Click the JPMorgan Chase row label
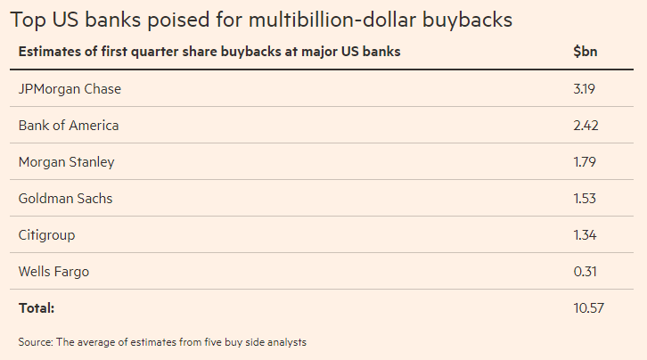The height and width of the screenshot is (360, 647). pyautogui.click(x=70, y=89)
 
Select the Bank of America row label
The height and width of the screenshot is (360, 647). pyautogui.click(x=69, y=126)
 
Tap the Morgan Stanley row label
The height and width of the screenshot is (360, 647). pyautogui.click(x=66, y=162)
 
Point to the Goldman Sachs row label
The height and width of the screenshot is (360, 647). pyautogui.click(x=65, y=199)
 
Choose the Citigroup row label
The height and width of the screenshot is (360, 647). pyautogui.click(x=46, y=235)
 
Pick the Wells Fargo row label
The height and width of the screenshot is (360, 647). pyautogui.click(x=54, y=272)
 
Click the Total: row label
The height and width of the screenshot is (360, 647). pyautogui.click(x=37, y=308)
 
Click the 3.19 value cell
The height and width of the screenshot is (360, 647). pyautogui.click(x=585, y=89)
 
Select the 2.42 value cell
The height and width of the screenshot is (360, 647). pyautogui.click(x=586, y=126)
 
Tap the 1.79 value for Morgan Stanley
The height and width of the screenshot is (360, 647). pyautogui.click(x=585, y=162)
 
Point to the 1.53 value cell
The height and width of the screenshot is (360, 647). pyautogui.click(x=585, y=199)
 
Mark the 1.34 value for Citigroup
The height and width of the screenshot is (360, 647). pyautogui.click(x=585, y=235)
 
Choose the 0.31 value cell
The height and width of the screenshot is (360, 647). pyautogui.click(x=585, y=272)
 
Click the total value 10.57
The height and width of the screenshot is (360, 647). pyautogui.click(x=588, y=308)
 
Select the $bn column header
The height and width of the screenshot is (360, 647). pyautogui.click(x=586, y=52)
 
